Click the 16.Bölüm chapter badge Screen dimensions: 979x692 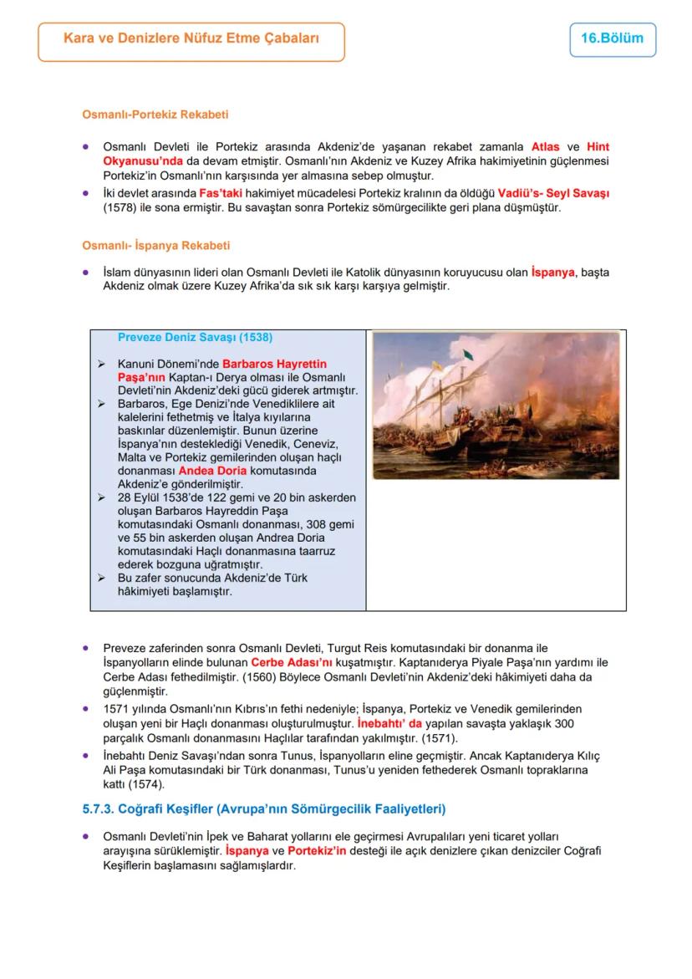point(612,39)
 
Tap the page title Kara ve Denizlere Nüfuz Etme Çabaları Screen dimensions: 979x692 point(191,39)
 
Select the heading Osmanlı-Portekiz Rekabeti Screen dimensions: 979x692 point(155,115)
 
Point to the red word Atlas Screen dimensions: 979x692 point(545,146)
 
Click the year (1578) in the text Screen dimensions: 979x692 point(120,207)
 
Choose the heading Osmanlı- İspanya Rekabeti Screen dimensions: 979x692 point(155,246)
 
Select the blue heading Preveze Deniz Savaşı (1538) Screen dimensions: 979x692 point(195,338)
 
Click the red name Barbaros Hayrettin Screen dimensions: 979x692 point(274,365)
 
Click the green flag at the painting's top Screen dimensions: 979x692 point(468,354)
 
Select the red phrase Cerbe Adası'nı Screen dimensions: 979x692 point(286,662)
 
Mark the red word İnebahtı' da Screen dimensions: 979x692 point(389,723)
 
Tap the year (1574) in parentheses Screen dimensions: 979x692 point(147,784)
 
